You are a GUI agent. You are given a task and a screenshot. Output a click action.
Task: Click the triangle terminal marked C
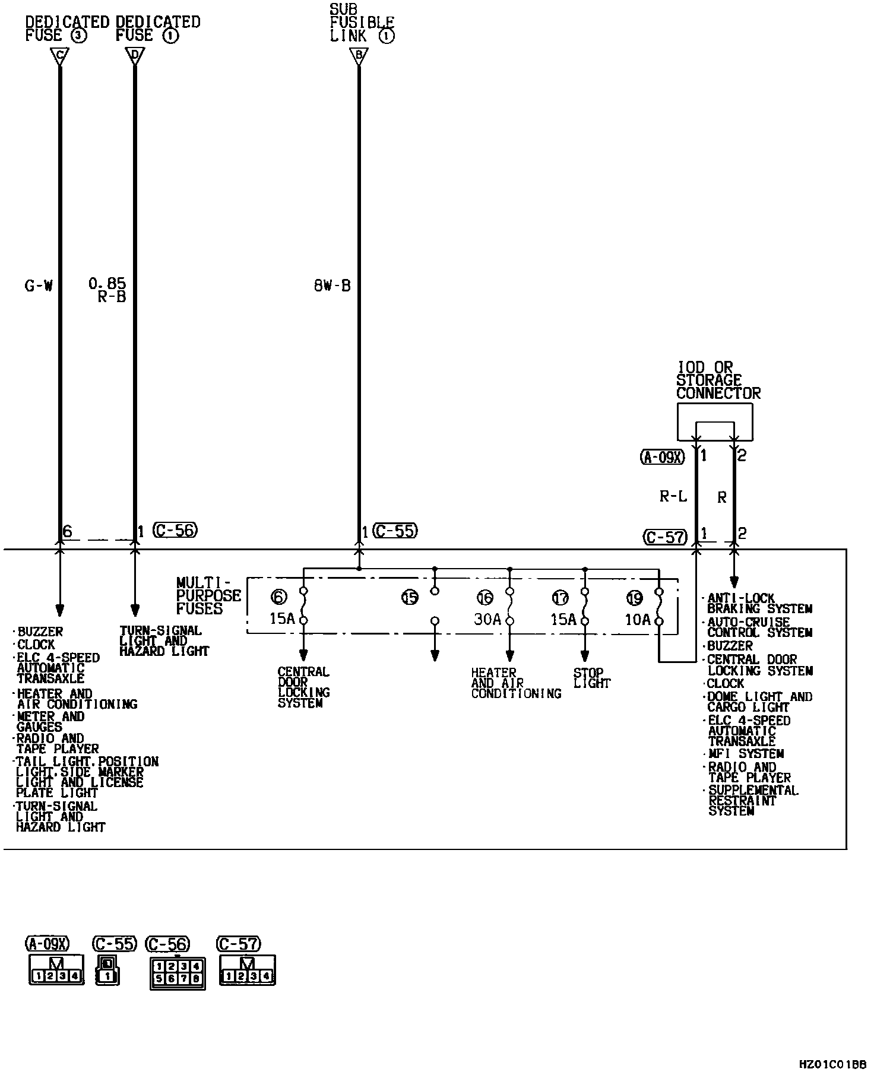(59, 56)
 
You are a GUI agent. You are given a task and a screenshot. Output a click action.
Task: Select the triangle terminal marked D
(135, 56)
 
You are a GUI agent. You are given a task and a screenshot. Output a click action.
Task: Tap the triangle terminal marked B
(359, 56)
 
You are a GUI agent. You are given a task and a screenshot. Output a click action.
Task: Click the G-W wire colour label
(39, 286)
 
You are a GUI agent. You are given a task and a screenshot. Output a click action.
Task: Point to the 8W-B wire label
(332, 286)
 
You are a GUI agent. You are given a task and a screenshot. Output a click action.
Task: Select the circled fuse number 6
(278, 597)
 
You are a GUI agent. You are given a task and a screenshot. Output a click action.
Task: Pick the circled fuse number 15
(410, 597)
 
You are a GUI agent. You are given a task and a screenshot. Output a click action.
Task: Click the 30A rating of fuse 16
(487, 620)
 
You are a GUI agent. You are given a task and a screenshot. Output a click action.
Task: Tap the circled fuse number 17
(560, 597)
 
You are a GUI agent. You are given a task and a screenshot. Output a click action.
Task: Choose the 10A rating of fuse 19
(638, 620)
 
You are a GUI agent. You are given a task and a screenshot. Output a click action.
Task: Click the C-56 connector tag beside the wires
(175, 530)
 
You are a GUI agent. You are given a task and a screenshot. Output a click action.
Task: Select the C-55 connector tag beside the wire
(395, 530)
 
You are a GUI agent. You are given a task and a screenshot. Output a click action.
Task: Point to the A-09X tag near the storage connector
(663, 456)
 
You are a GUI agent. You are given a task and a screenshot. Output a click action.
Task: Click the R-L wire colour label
(673, 496)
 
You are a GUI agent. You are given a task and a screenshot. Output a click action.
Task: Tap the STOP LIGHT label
(591, 678)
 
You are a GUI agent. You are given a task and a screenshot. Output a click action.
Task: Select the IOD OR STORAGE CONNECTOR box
(715, 422)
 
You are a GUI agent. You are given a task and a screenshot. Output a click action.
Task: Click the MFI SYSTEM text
(746, 754)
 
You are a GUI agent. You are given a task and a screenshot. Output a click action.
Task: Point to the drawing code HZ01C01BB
(832, 1063)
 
